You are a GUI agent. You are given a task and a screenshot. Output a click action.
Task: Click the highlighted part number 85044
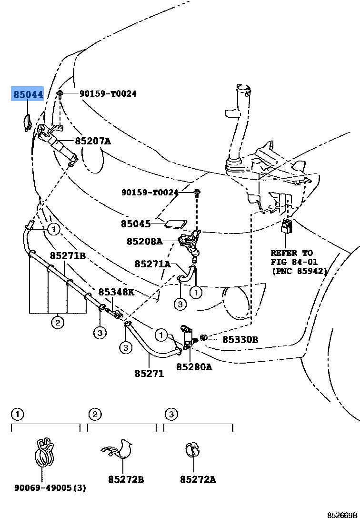[28, 94]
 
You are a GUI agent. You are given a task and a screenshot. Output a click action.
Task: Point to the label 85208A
[144, 242]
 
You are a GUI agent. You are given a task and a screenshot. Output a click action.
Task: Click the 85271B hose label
[68, 256]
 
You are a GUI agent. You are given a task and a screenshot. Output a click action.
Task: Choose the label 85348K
[116, 292]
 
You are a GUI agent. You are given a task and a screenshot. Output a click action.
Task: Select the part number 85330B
[240, 340]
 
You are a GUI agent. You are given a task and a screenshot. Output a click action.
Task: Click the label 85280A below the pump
[194, 367]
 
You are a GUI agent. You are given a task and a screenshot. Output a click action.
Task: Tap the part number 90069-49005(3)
[50, 487]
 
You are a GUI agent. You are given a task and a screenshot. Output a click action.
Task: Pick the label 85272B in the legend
[125, 480]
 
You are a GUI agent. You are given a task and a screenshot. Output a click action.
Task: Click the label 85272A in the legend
[198, 480]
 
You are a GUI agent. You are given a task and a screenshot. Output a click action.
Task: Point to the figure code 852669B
[341, 516]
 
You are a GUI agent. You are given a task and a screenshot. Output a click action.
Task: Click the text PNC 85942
[299, 271]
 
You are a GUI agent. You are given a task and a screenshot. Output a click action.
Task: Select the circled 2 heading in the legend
[95, 415]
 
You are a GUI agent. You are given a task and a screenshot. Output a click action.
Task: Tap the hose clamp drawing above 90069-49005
[45, 452]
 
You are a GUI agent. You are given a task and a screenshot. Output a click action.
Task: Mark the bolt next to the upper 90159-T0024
[60, 93]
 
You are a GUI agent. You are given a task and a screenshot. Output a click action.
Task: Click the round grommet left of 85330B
[204, 338]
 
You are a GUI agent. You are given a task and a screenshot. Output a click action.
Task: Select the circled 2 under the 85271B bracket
[57, 323]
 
